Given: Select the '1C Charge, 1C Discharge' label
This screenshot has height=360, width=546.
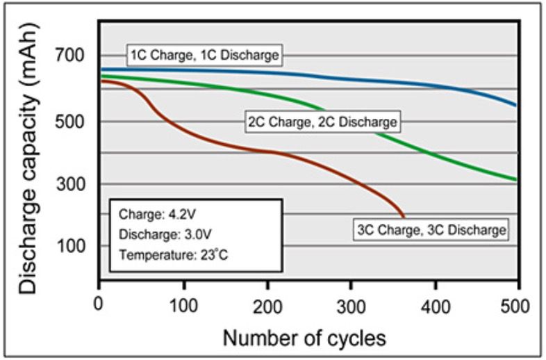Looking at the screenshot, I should pyautogui.click(x=205, y=54).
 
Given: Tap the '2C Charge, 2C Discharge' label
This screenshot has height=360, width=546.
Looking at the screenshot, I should pyautogui.click(x=323, y=122).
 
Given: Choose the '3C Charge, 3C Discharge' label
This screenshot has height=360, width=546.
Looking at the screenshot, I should pyautogui.click(x=431, y=228).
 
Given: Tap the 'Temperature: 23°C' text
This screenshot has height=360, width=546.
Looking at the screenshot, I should pyautogui.click(x=174, y=254).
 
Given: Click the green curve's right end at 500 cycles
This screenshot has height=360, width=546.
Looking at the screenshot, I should pyautogui.click(x=518, y=180).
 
